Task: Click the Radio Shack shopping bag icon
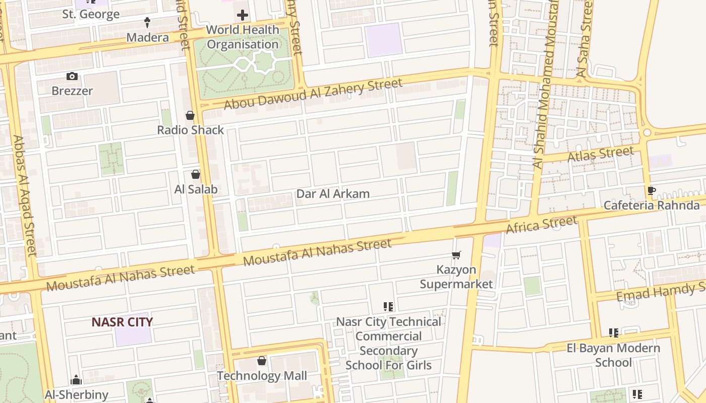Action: coord(190,116)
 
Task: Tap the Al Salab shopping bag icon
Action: coord(196,175)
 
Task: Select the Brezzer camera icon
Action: coord(72,77)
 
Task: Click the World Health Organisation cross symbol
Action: coord(243,15)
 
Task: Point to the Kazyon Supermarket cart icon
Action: coord(456,255)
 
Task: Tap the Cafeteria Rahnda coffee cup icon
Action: coord(651,190)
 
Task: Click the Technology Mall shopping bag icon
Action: coord(262,361)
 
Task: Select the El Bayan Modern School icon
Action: coord(614,333)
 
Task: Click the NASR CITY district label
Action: coord(122,322)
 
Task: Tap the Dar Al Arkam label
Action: coord(333,193)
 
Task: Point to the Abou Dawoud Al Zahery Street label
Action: coord(313,94)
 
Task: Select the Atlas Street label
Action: coord(600,154)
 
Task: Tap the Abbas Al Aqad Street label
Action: coord(25,195)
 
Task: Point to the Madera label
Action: coord(147,37)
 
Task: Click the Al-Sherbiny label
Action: coord(77,394)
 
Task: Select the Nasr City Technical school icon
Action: coord(388,307)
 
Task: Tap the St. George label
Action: coord(91,14)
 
